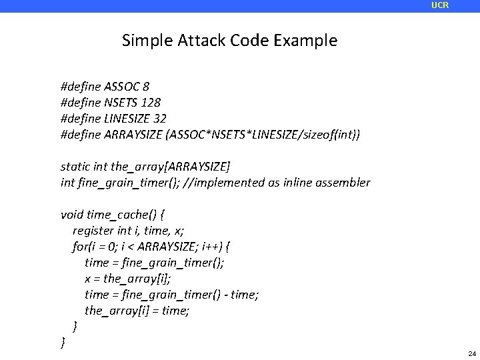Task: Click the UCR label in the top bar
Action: point(440,5)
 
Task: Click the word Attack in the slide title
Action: point(202,41)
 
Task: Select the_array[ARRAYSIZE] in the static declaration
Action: point(157,167)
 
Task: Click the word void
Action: point(72,215)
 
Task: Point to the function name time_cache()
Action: point(123,215)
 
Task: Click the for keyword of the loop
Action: point(79,247)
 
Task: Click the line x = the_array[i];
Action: point(127,279)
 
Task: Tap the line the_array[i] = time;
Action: point(137,311)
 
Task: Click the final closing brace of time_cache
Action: point(63,342)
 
